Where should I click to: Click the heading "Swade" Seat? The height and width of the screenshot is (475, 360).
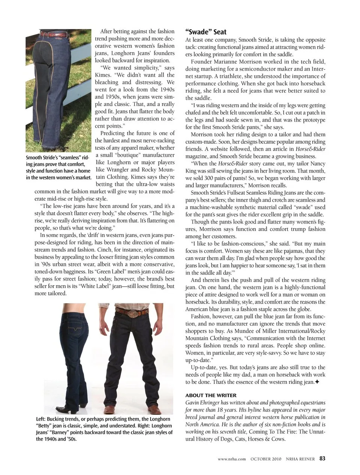point(206,32)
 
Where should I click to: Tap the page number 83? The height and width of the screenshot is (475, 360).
point(322,458)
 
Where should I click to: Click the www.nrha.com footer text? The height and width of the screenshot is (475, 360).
point(232,458)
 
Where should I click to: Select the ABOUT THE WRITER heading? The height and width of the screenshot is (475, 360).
point(211,395)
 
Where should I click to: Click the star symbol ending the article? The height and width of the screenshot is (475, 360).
point(317,382)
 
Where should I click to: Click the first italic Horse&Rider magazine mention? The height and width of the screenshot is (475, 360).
point(310,149)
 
